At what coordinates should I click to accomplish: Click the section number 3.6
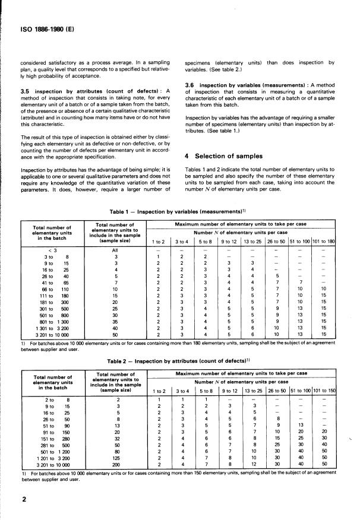(x=191, y=85)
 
